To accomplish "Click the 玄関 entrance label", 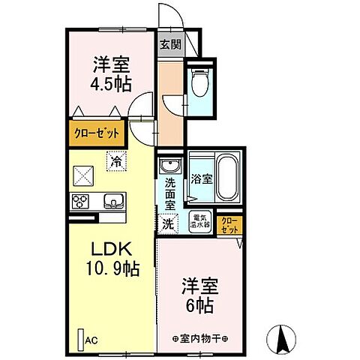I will tap(170, 44).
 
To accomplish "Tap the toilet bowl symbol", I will tap(199, 83).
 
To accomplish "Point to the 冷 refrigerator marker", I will tap(115, 161).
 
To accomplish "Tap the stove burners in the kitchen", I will tap(81, 201).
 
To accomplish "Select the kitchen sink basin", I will tap(113, 201).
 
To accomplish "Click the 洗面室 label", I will tap(170, 193).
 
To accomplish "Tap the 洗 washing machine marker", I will tap(169, 223).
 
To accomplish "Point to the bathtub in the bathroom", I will tap(224, 180).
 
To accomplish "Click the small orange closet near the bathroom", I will tap(229, 224).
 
